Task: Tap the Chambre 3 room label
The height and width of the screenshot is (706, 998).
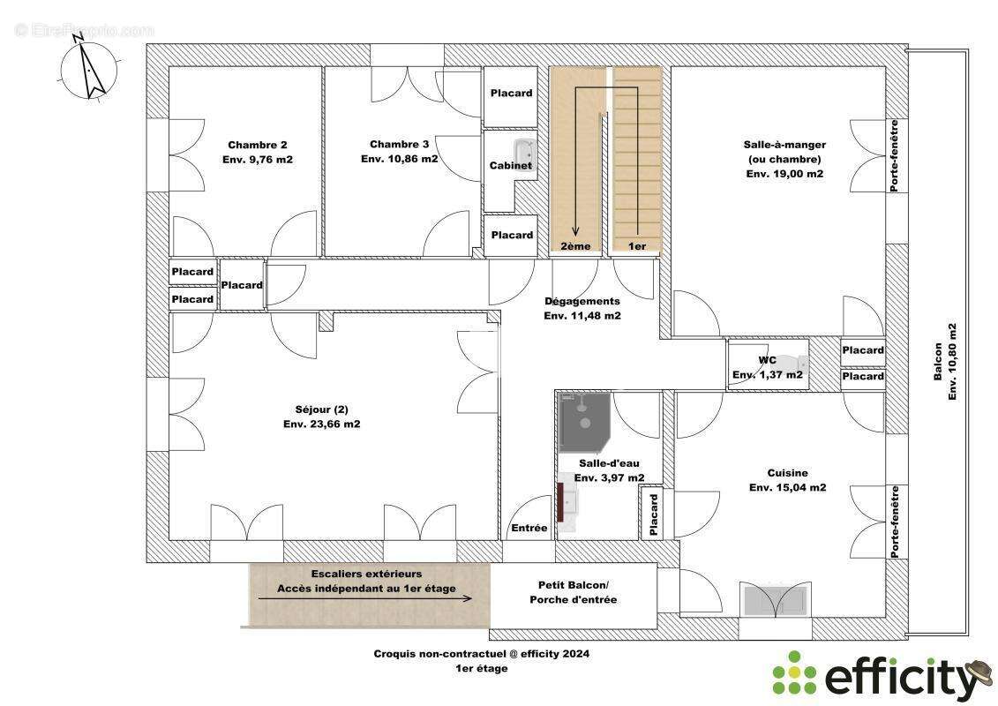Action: click(x=399, y=145)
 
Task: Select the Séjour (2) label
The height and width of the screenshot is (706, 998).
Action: click(x=322, y=410)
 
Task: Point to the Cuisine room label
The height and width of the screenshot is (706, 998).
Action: click(x=787, y=473)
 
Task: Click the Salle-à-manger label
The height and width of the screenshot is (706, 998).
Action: click(x=784, y=145)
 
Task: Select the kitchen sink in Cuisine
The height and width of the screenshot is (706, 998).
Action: click(x=775, y=600)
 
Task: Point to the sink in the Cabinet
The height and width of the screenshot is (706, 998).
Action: click(x=524, y=152)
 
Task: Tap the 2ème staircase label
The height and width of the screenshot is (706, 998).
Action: click(x=575, y=246)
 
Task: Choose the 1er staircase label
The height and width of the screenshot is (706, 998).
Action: click(x=636, y=246)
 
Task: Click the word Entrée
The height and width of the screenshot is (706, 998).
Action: click(x=529, y=528)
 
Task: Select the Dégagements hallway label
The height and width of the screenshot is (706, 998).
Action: click(x=582, y=301)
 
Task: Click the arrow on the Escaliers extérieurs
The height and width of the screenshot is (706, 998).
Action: click(x=364, y=597)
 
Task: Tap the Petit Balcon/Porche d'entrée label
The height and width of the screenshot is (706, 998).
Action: click(x=573, y=592)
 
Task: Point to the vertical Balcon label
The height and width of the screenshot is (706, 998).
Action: click(x=937, y=362)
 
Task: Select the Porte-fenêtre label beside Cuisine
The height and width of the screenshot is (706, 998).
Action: click(x=895, y=522)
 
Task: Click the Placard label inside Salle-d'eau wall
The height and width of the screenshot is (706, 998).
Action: click(x=653, y=514)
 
